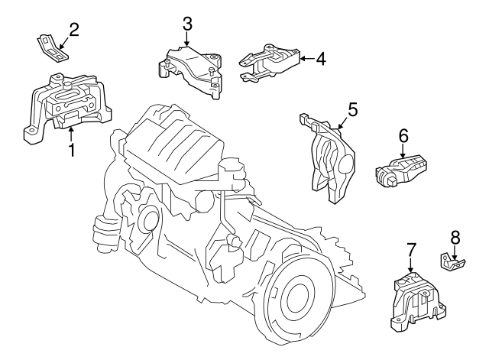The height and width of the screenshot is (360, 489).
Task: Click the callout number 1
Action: (72, 150)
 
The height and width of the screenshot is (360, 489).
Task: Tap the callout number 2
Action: (74, 30)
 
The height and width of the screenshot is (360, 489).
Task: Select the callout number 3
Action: (187, 24)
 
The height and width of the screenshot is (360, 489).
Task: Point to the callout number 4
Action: (321, 58)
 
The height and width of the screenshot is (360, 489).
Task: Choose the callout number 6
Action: (403, 136)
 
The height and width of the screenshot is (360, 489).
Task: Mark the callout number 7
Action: (411, 250)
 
